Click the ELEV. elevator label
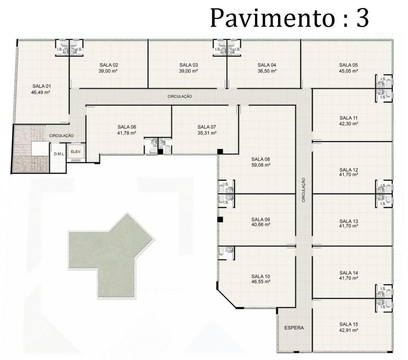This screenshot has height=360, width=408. click(x=76, y=152)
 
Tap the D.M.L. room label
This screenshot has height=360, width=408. click(x=59, y=154)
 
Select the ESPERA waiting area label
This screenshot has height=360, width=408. click(x=294, y=328)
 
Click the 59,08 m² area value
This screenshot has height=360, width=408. click(x=260, y=165)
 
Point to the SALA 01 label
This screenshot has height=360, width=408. click(x=41, y=86)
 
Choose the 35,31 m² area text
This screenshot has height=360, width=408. click(x=207, y=133)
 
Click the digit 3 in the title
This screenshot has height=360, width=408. click(x=363, y=18)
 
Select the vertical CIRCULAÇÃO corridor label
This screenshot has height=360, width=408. click(x=304, y=190)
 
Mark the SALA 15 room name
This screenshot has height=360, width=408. click(x=348, y=324)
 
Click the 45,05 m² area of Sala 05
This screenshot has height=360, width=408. click(x=348, y=71)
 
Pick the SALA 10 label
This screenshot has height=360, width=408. click(x=260, y=276)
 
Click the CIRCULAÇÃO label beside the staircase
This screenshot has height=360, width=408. click(x=61, y=136)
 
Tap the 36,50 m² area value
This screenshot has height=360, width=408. click(x=267, y=71)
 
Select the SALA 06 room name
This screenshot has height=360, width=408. click(x=127, y=127)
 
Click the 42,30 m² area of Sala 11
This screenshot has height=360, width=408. click(x=348, y=124)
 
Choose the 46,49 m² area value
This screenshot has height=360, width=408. click(x=40, y=92)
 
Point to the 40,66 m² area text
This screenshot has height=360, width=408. click(x=260, y=224)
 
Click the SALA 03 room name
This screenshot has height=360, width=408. click(x=188, y=65)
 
